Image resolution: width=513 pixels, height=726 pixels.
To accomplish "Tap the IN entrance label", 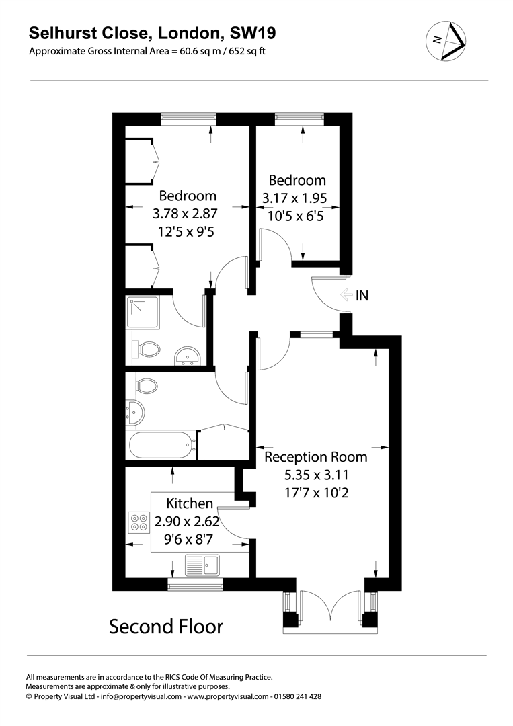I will click(362, 295).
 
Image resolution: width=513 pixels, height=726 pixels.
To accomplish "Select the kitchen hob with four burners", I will click(140, 523).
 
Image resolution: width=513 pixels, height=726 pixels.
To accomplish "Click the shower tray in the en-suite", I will click(143, 312).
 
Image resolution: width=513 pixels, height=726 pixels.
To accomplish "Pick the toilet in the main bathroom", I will click(146, 386).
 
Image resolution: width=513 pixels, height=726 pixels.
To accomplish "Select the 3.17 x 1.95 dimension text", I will click(297, 199).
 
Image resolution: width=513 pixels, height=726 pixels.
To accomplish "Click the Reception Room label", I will click(316, 457).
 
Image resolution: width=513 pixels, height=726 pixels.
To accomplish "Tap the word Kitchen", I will click(190, 503).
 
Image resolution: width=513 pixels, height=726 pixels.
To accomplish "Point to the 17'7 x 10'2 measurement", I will click(316, 493).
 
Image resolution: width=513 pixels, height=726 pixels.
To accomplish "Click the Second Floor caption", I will click(166, 627).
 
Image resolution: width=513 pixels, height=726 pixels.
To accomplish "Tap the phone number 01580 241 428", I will click(297, 697).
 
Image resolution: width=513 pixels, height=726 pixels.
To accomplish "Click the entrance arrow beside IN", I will click(346, 295).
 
